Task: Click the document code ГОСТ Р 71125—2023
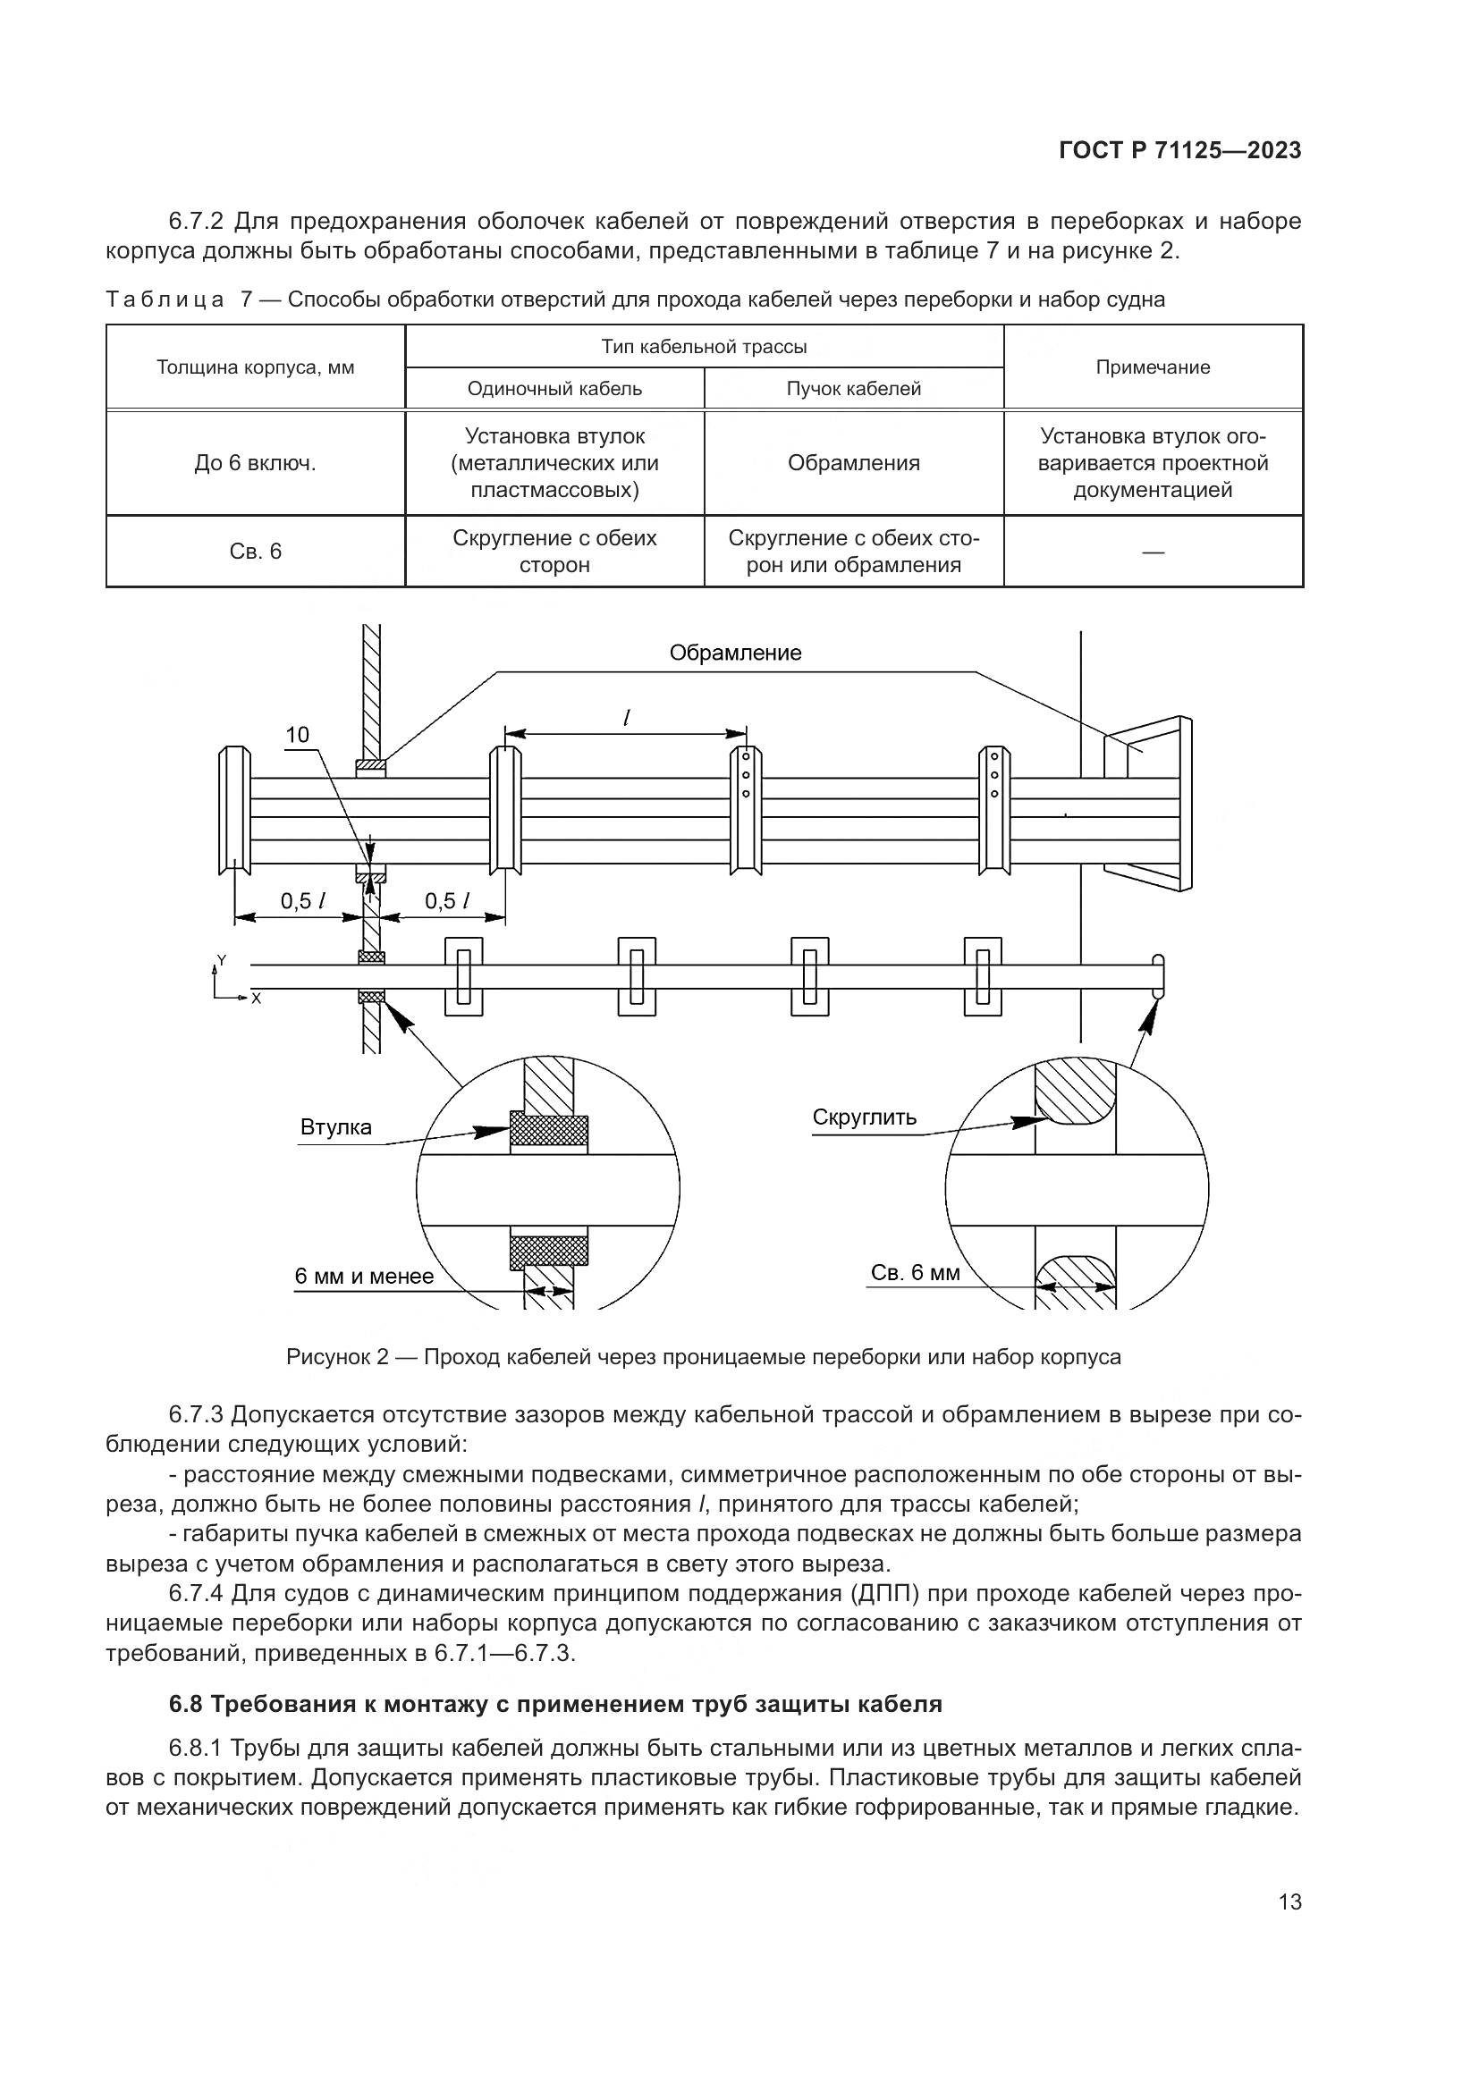click(x=1179, y=151)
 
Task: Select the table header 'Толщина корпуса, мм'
click(x=255, y=368)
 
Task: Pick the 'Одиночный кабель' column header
click(x=554, y=389)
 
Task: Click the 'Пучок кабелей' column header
click(x=853, y=389)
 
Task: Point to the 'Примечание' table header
click(x=1152, y=368)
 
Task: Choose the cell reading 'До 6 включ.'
click(x=255, y=464)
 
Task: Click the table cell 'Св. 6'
click(x=255, y=552)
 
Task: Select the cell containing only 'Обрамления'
click(x=853, y=464)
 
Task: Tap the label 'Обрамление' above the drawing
click(x=735, y=653)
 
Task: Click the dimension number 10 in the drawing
click(x=298, y=735)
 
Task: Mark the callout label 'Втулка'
click(x=336, y=1127)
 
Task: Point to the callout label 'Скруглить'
click(x=865, y=1117)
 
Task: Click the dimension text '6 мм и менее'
click(x=363, y=1277)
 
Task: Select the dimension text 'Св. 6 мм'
click(x=916, y=1273)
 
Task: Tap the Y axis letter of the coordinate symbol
click(x=221, y=961)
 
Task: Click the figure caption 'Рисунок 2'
click(x=338, y=1358)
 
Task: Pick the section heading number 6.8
click(x=185, y=1704)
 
